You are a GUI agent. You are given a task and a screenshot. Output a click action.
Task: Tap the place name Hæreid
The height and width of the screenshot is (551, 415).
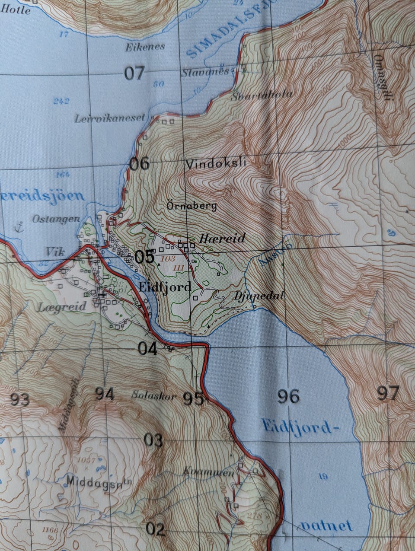click(x=222, y=238)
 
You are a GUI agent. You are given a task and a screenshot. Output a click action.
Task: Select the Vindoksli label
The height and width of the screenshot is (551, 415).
click(x=216, y=164)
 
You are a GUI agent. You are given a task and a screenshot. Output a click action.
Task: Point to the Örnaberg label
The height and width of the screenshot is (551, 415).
click(x=192, y=206)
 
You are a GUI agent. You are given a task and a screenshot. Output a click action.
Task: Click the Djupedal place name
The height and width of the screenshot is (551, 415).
click(x=259, y=296)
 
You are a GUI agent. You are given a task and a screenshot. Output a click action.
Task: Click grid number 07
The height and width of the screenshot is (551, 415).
click(x=134, y=73)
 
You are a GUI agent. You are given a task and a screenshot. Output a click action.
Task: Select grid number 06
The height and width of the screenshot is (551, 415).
click(x=140, y=164)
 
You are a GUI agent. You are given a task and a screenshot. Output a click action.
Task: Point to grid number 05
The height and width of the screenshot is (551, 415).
click(x=144, y=257)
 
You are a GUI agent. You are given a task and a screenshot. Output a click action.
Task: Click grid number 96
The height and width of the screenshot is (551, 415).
click(x=288, y=396)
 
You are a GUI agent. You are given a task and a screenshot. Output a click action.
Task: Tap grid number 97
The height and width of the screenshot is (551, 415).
click(x=387, y=394)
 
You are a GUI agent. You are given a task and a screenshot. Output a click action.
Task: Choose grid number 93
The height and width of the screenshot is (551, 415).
click(x=20, y=400)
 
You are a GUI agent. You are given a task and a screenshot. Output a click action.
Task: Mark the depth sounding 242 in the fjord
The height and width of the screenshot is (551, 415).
click(x=61, y=102)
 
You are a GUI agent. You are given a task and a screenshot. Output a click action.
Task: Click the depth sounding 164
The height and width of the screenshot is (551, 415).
click(x=63, y=175)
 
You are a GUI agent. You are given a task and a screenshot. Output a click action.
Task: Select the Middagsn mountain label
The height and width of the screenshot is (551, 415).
click(x=99, y=481)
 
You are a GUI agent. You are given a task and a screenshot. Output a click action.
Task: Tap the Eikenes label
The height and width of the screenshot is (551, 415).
click(x=145, y=47)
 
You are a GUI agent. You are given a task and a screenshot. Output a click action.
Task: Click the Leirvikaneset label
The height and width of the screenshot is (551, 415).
click(x=109, y=118)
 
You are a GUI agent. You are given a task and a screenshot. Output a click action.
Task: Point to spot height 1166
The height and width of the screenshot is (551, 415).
click(x=50, y=530)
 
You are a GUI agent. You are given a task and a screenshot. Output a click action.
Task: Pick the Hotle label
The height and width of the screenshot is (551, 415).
click(x=16, y=10)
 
